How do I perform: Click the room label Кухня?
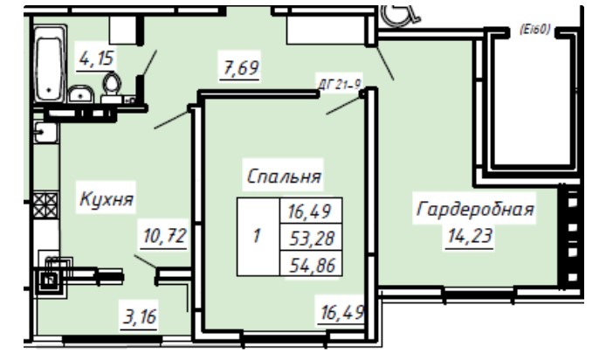107,199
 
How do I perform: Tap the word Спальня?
284,177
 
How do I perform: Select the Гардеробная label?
475,209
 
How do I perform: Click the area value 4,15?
96,59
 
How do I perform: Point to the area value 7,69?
240,68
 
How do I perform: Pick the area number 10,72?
164,236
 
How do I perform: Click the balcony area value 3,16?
140,316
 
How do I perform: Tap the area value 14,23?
470,236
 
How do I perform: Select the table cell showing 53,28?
311,237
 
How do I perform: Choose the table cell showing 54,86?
311,263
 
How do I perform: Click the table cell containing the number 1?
258,237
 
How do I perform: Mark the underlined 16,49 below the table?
342,313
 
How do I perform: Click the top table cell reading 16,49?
311,211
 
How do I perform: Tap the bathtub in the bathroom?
50,65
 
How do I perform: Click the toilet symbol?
112,85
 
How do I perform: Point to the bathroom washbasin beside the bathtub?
81,94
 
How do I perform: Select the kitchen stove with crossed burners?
45,204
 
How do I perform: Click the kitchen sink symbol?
45,132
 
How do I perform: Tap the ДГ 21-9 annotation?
340,84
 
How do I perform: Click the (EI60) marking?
534,30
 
